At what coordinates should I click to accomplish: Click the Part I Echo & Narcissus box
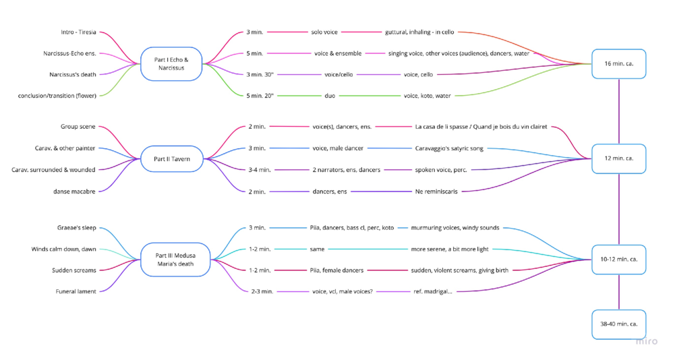click(x=171, y=64)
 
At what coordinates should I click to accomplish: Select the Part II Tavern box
click(x=171, y=159)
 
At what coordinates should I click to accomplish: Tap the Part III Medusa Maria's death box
click(x=175, y=259)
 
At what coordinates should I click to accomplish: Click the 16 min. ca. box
click(x=618, y=64)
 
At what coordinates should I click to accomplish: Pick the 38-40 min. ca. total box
click(x=618, y=324)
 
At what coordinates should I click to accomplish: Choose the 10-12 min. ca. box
click(x=618, y=260)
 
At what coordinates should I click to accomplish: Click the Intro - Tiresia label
click(x=78, y=32)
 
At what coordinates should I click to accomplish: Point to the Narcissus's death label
click(x=72, y=74)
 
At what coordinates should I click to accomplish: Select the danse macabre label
click(x=75, y=191)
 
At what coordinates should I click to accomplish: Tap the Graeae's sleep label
click(x=76, y=228)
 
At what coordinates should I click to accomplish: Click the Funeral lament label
click(x=76, y=291)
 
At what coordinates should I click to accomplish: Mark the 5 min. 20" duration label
click(x=260, y=96)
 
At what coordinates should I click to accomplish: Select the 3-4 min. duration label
click(x=259, y=170)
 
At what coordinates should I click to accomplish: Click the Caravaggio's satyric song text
click(x=449, y=148)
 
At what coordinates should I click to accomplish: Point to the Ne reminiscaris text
click(x=436, y=191)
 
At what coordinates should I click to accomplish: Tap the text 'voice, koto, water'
click(x=427, y=96)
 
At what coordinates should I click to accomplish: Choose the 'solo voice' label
click(x=324, y=32)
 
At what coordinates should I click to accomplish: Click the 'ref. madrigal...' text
click(x=432, y=291)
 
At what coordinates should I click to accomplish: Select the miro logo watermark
click(x=646, y=342)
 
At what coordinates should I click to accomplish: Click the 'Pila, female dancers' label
click(x=336, y=270)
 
